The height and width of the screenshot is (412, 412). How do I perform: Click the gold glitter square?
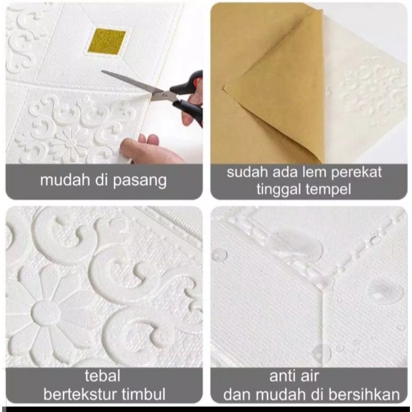[107, 42]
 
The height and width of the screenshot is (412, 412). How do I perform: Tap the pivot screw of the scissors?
[164, 95]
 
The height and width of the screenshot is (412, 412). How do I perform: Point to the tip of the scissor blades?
[102, 71]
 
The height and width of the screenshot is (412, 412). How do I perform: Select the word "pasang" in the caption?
[140, 181]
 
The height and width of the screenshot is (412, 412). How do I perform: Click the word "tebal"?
[102, 376]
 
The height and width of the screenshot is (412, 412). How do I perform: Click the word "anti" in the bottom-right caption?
[281, 376]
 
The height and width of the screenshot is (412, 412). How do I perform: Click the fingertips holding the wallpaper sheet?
[140, 146]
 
